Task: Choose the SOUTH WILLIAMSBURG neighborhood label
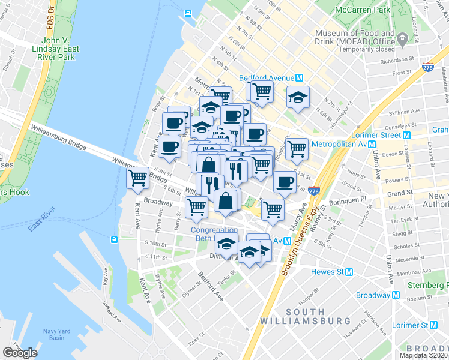(306, 316)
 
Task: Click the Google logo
(20, 353)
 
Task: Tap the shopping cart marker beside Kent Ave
(137, 177)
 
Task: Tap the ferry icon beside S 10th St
(114, 240)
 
